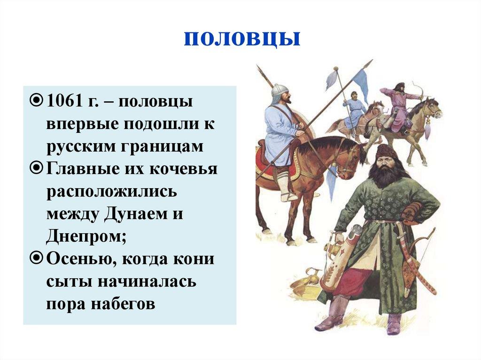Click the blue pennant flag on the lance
tap(361, 84)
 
